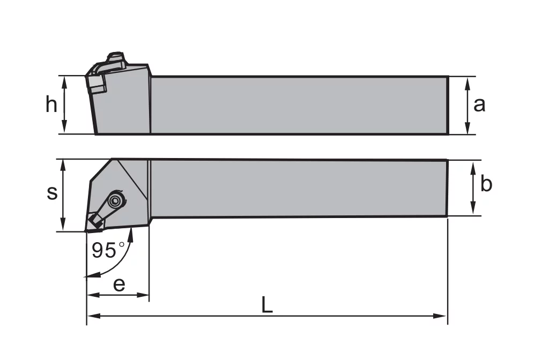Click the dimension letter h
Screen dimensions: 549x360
coord(51,104)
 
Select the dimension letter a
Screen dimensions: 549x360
coord(479,104)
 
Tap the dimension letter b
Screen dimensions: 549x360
coord(486,183)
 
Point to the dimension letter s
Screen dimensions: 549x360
coord(52,193)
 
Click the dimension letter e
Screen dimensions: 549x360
coord(119,285)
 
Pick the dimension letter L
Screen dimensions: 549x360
coord(267,305)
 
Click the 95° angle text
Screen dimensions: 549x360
coord(108,250)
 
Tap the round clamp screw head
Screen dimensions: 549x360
coord(114,201)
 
